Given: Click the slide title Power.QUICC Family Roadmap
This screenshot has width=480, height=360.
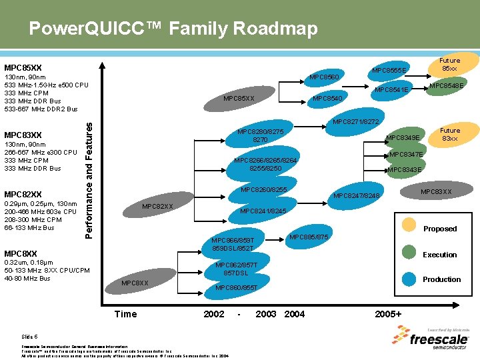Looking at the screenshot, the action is tap(173, 29).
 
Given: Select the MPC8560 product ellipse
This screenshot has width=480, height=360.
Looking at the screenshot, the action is tap(324, 77).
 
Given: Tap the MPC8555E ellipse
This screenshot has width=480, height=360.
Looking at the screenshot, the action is tap(389, 70).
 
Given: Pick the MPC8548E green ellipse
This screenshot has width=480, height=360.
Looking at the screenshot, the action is tap(446, 85).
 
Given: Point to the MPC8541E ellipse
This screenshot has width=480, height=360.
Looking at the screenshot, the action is tap(391, 90).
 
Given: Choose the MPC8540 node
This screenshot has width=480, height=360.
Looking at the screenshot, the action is tap(328, 99).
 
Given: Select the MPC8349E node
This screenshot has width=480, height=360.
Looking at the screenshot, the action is tap(403, 137).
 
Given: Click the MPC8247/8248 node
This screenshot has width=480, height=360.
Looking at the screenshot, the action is tap(357, 195).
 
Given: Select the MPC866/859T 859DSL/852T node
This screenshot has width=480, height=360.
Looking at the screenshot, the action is tap(232, 244).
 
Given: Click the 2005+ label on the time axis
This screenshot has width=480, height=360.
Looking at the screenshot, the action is tap(388, 314).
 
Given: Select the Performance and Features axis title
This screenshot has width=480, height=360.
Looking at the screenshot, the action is tap(89, 177).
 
